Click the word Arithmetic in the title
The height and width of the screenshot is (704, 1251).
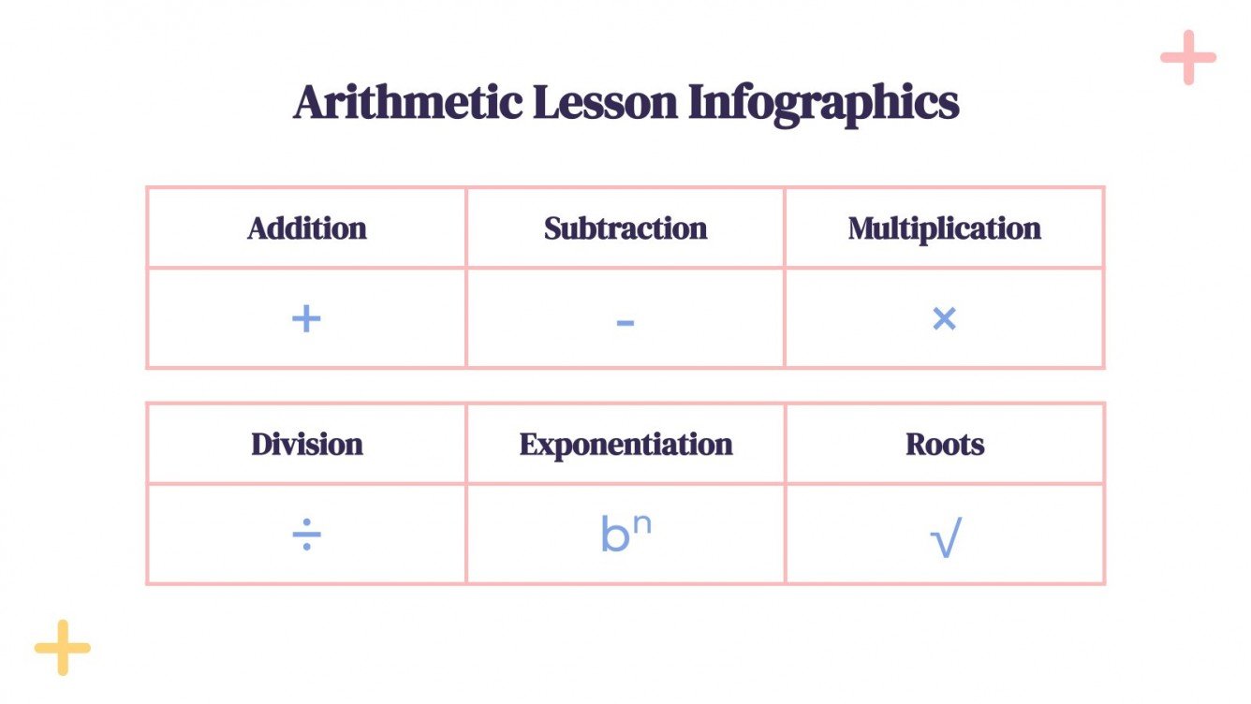pyautogui.click(x=407, y=102)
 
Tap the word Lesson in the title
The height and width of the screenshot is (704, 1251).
pyautogui.click(x=605, y=102)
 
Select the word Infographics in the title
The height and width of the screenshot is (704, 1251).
pyautogui.click(x=824, y=102)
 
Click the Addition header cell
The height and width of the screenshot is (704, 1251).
pyautogui.click(x=307, y=228)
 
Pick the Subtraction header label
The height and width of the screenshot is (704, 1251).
pyautogui.click(x=625, y=228)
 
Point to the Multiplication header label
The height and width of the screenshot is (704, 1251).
pyautogui.click(x=944, y=228)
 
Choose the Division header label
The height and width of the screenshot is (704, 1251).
pyautogui.click(x=307, y=444)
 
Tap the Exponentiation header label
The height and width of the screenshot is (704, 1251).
pyautogui.click(x=625, y=444)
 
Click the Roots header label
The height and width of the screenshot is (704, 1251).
pyautogui.click(x=945, y=444)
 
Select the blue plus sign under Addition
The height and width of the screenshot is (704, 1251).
pyautogui.click(x=306, y=319)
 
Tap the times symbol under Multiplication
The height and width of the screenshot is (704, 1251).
pyautogui.click(x=944, y=319)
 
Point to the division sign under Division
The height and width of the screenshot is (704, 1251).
pyautogui.click(x=306, y=536)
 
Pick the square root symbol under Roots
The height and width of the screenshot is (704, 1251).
pyautogui.click(x=946, y=539)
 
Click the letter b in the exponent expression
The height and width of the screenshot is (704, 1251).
pyautogui.click(x=614, y=535)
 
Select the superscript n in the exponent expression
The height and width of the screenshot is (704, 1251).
pyautogui.click(x=641, y=523)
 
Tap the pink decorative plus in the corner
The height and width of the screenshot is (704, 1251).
pyautogui.click(x=1188, y=57)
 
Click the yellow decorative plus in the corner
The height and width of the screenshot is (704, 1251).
pyautogui.click(x=62, y=647)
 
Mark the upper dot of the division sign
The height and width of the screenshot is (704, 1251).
pyautogui.click(x=306, y=525)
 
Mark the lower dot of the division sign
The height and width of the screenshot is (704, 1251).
pyautogui.click(x=306, y=548)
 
